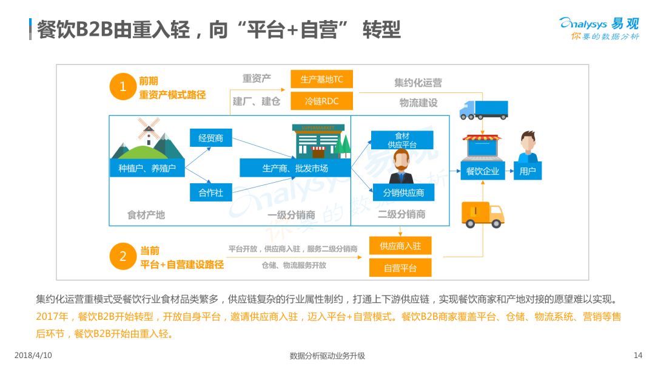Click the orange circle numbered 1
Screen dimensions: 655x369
123,87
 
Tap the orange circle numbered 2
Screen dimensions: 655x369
123,256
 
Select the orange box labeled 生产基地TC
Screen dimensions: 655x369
321,79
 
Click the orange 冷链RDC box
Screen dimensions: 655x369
321,101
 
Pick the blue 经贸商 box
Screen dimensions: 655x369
211,138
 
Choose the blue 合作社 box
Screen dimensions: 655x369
211,192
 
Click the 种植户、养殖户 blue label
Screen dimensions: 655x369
147,168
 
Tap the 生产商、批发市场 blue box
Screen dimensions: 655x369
295,168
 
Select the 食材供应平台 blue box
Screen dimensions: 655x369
402,140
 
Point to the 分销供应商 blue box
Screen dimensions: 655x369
403,192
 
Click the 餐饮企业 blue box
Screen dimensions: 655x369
483,171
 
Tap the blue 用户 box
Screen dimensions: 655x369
528,171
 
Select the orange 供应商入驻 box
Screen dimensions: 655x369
400,246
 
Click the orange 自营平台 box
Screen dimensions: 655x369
400,268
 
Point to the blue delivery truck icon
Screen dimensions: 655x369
484,110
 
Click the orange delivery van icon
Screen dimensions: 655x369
483,215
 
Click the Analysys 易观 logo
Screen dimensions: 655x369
599,29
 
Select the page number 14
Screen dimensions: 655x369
638,355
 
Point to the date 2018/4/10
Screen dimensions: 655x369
33,355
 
